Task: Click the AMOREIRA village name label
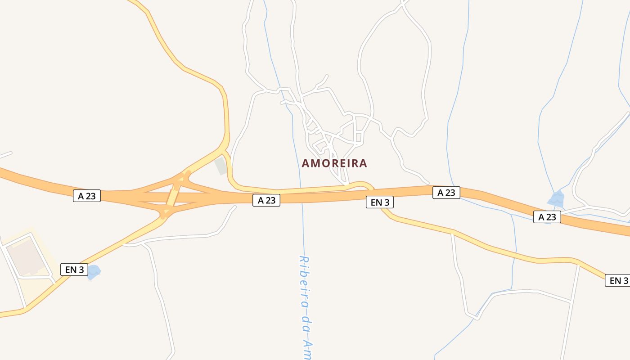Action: (334, 163)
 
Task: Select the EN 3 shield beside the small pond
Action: (74, 270)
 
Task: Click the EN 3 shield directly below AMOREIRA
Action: (380, 202)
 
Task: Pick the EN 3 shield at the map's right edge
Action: (618, 280)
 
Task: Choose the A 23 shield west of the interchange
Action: (87, 196)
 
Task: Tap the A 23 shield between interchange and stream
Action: (266, 200)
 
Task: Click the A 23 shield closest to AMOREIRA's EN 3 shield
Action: (446, 193)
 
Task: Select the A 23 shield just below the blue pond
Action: (547, 217)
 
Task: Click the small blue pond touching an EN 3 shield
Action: (94, 271)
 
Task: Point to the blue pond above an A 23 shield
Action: (556, 198)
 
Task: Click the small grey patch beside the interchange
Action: (220, 166)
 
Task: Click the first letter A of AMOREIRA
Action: (305, 163)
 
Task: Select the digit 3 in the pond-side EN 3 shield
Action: (81, 270)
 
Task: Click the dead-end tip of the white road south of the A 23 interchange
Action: (234, 207)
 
